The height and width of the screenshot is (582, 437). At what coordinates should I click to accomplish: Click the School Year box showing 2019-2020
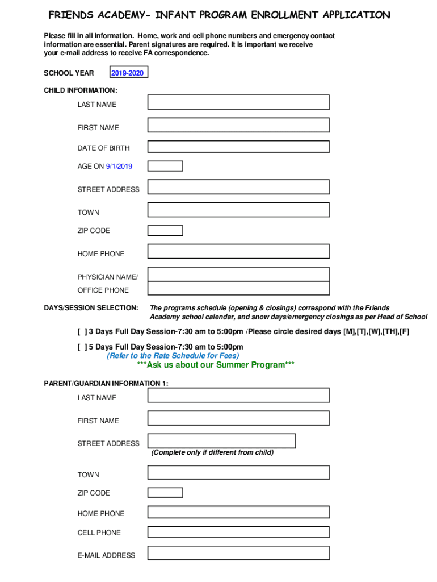click(x=128, y=73)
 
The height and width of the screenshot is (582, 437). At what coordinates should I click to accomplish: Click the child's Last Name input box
click(x=238, y=102)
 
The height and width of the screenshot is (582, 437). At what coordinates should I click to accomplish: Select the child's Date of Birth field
click(x=238, y=147)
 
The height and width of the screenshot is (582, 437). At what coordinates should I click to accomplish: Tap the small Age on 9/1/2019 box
click(x=165, y=166)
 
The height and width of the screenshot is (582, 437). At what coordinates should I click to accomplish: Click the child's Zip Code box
click(x=165, y=230)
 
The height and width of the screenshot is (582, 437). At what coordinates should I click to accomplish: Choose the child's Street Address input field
click(x=238, y=187)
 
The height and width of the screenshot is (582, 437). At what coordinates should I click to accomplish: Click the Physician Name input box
click(x=238, y=275)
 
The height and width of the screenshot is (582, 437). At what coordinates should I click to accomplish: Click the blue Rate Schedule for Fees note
click(x=173, y=356)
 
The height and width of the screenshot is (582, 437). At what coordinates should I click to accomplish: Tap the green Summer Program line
click(x=216, y=365)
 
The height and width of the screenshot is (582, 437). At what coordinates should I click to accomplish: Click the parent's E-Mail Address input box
click(x=238, y=553)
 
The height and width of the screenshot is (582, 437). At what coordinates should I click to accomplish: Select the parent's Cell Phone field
click(x=238, y=532)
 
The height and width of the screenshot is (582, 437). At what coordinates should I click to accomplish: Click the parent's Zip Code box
click(x=165, y=492)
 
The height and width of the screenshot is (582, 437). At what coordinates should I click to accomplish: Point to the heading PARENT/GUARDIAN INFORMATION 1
click(x=106, y=384)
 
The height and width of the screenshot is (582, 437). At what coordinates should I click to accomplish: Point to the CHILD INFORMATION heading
click(x=81, y=90)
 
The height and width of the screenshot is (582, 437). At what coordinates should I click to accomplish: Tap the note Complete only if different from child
click(x=212, y=452)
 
